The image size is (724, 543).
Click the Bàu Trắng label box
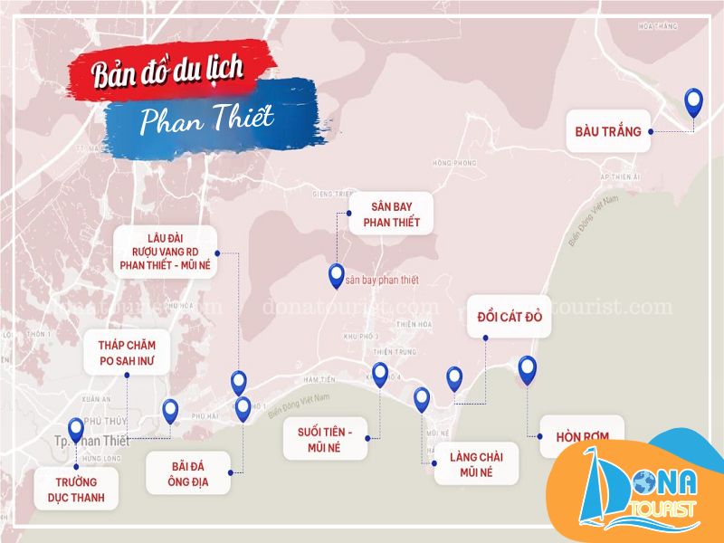coord(608,131)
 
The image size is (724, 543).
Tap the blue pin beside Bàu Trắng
coord(694,101)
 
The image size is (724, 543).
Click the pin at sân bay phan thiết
coord(337,275)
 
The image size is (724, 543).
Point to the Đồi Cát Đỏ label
coord(509,318)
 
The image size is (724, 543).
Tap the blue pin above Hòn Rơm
coord(528,369)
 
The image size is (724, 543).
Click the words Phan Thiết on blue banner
coord(208,119)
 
